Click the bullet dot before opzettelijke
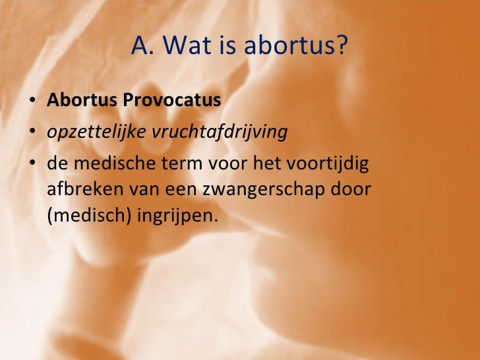32,133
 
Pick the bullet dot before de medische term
32,164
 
